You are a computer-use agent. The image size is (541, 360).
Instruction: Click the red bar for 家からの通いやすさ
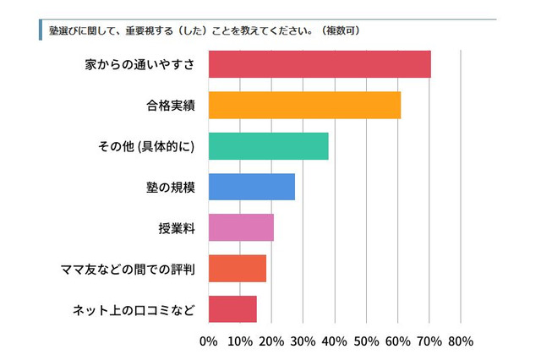[319, 64]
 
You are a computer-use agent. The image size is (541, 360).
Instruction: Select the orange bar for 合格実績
[303, 105]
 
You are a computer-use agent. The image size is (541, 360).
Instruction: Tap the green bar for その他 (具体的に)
[267, 146]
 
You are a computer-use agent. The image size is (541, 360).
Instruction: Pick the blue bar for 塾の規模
[251, 187]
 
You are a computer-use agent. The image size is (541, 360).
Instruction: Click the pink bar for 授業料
[240, 227]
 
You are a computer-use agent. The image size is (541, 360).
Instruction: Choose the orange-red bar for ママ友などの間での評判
[237, 268]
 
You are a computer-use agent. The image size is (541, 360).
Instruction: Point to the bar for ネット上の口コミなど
[232, 309]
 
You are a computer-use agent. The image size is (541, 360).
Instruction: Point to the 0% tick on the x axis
[208, 341]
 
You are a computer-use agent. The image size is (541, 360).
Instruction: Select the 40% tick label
[334, 341]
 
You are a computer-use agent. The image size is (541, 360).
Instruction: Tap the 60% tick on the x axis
[397, 341]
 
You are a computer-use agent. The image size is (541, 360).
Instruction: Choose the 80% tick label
[461, 341]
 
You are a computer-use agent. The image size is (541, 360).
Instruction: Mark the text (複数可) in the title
[341, 30]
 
